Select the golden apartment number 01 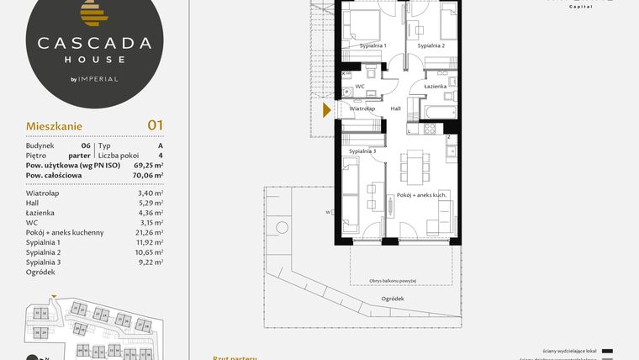point(155,125)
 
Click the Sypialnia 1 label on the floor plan point(372,45)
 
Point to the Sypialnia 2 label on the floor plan point(431,45)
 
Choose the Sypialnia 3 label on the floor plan point(362,151)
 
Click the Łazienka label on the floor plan point(435,87)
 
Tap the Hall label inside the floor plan point(396,109)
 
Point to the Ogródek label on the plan point(392,299)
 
